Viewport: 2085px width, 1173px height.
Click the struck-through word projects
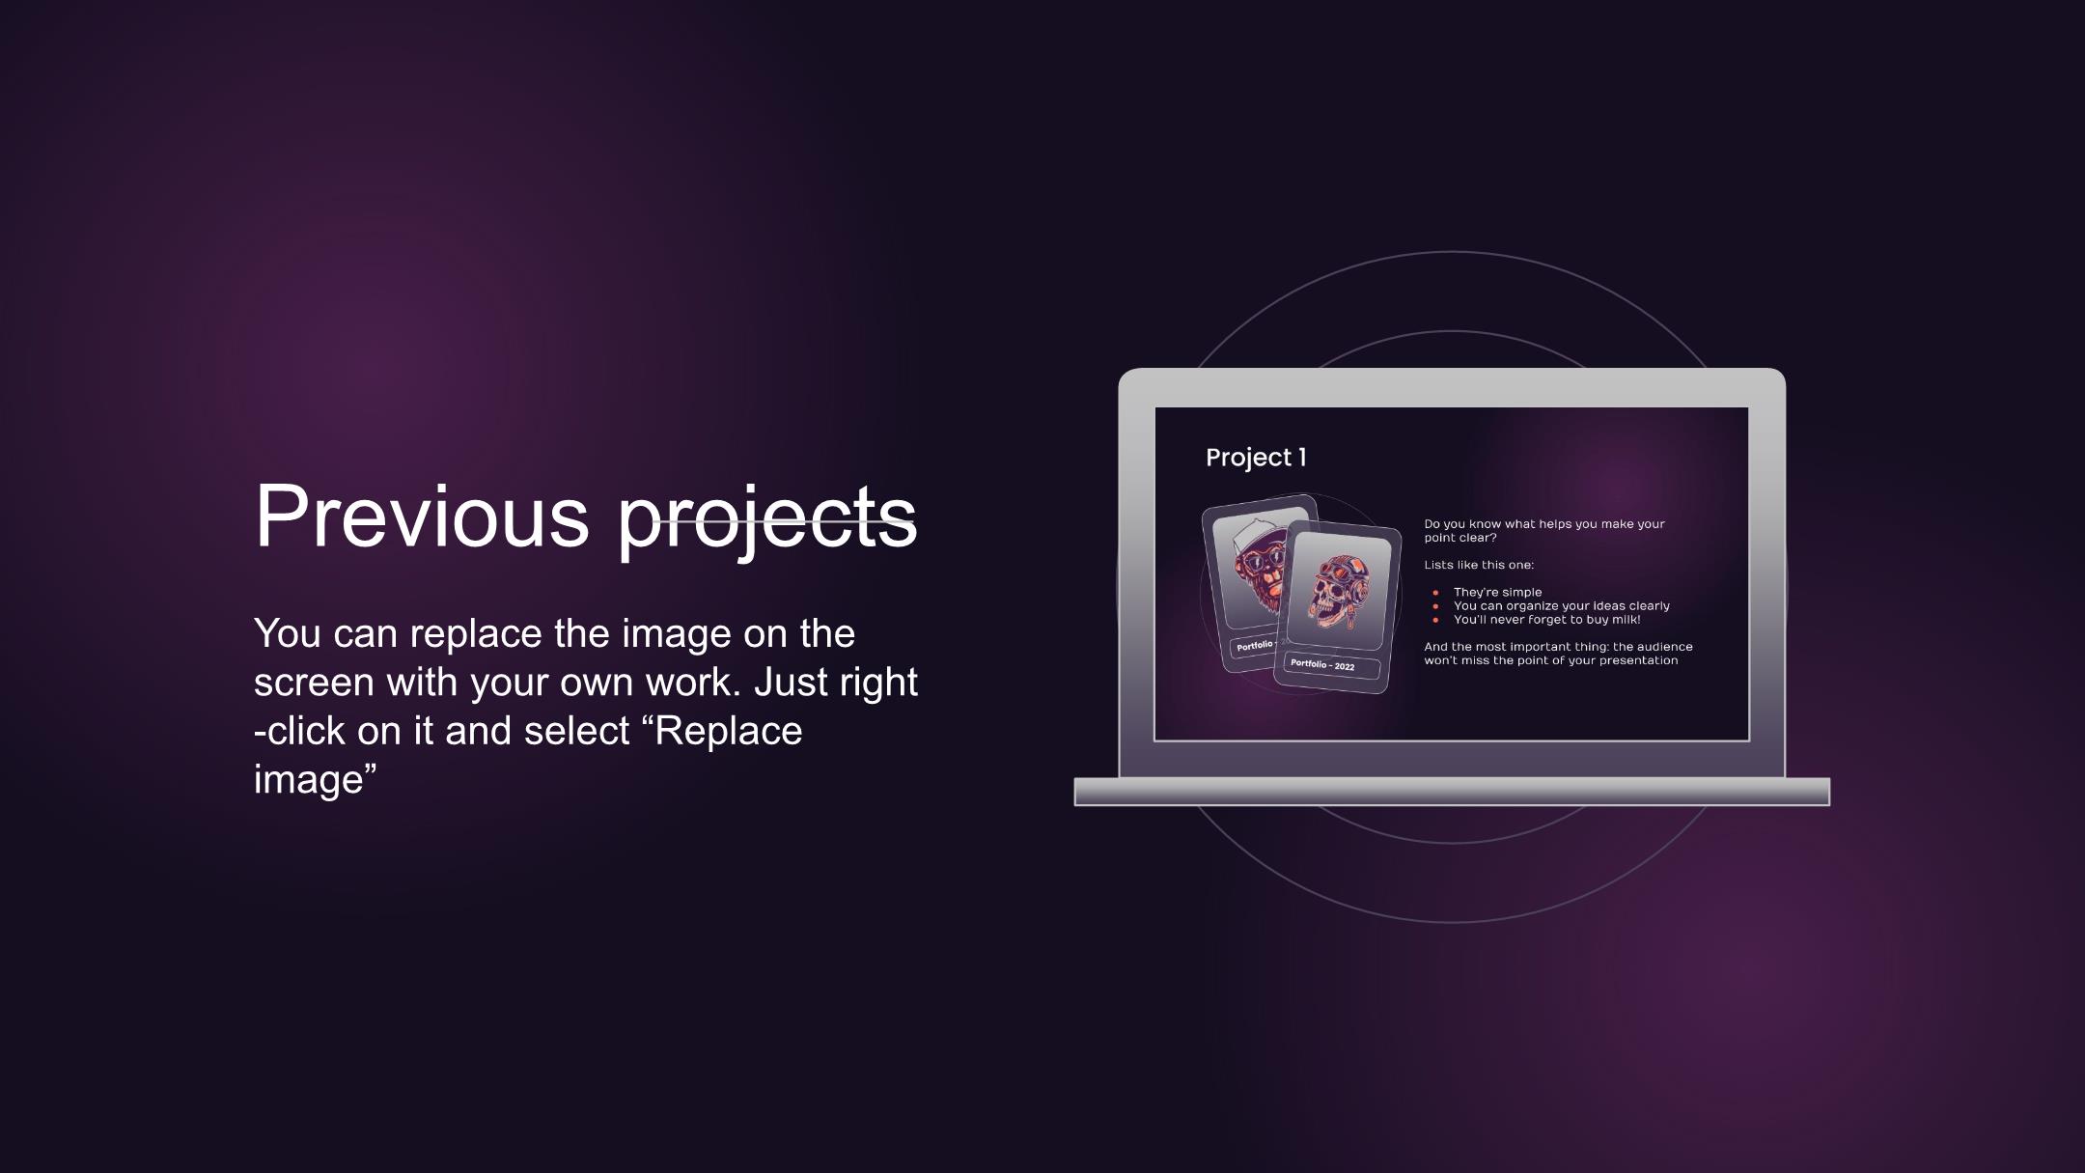[767, 521]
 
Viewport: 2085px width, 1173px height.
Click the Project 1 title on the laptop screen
[1256, 458]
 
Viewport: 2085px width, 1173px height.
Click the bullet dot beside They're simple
[1435, 593]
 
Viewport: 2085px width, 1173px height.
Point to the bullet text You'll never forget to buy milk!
[1546, 620]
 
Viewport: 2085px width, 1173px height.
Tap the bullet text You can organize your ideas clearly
[1561, 606]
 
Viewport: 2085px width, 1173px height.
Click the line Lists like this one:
[1479, 565]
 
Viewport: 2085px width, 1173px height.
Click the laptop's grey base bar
[1452, 792]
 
